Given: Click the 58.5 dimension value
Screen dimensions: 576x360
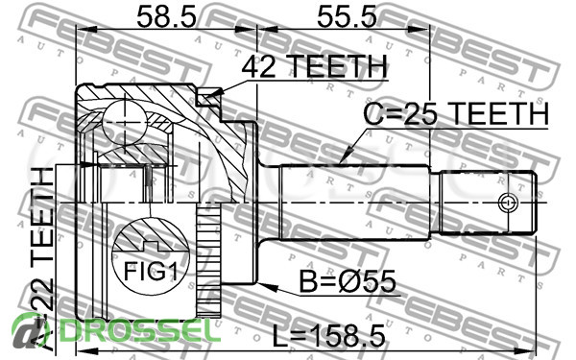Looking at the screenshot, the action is coord(166,17).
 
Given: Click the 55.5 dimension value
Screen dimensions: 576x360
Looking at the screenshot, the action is coord(347,17).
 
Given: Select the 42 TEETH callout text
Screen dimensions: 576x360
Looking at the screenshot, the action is coord(315,67).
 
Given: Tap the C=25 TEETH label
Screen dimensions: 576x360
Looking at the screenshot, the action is coord(456,113).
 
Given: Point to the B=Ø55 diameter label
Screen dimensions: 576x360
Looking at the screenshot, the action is coord(348,282).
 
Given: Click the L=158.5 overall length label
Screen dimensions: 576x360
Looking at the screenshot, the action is coord(329,336).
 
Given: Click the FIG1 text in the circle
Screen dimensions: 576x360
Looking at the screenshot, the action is coord(151,272).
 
